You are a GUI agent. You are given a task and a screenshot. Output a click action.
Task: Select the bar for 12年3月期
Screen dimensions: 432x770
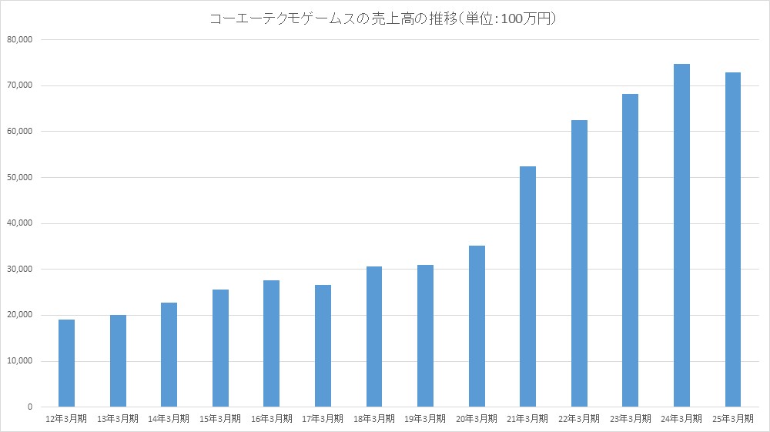tap(67, 363)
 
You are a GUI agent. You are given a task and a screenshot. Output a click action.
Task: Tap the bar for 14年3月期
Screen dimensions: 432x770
tap(169, 354)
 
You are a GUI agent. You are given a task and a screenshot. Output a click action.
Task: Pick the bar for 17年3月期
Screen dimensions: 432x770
tap(323, 346)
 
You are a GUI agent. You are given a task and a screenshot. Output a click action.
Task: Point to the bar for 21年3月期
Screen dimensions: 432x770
tap(527, 286)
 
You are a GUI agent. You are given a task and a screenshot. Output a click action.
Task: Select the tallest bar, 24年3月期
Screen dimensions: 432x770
tap(681, 235)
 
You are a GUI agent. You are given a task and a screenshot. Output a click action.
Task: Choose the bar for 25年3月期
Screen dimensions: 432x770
tap(732, 239)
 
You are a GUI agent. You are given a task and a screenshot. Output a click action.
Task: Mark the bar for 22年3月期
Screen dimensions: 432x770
tap(579, 263)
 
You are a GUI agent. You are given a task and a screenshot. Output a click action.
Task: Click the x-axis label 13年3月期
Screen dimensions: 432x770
tap(118, 419)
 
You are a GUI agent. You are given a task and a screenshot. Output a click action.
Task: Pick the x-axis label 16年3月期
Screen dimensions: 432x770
tap(272, 419)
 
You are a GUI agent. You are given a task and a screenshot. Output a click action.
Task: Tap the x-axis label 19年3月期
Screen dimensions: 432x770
tap(425, 419)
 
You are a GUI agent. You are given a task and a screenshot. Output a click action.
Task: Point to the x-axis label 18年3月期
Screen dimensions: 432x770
tap(374, 419)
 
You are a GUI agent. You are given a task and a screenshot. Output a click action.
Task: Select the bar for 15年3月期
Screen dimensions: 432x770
tap(220, 348)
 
